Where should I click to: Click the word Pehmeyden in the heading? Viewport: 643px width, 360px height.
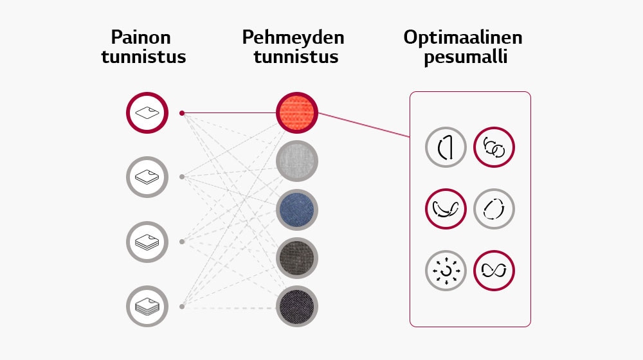[293, 37]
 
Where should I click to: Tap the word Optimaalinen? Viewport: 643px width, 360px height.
[463, 37]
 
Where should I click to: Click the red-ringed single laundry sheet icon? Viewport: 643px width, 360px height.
[147, 113]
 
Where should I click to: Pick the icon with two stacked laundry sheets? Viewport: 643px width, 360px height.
[147, 177]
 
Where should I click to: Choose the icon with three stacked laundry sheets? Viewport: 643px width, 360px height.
[147, 242]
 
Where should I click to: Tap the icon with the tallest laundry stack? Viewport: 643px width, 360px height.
[147, 306]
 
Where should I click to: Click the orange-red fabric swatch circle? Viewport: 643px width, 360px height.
[297, 113]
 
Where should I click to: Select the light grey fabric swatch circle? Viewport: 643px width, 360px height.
[297, 161]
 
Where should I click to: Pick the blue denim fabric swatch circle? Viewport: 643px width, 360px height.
[297, 210]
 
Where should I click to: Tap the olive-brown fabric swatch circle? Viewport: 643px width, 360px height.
[297, 258]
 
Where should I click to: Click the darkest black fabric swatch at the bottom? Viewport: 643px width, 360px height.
[297, 307]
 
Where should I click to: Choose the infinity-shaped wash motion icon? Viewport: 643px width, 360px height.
[494, 271]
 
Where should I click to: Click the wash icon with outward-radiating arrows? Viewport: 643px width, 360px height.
[446, 271]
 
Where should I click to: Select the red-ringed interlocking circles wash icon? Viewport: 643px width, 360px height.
[494, 148]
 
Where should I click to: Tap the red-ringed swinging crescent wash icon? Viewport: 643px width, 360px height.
[446, 209]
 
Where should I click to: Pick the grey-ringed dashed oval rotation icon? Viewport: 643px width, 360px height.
[494, 209]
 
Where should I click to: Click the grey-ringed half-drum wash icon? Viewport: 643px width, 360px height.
[446, 148]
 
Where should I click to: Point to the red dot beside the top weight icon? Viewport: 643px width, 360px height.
[182, 113]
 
